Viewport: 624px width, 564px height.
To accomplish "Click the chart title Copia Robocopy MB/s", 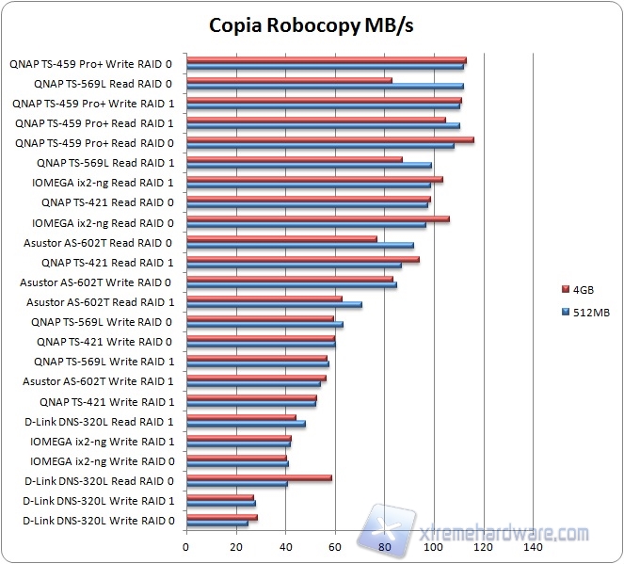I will coord(311,24).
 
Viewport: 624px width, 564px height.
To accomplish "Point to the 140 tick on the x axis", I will coord(534,546).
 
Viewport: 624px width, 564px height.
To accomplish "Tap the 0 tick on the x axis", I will coord(186,546).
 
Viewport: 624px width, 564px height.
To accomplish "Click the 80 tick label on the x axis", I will coord(385,546).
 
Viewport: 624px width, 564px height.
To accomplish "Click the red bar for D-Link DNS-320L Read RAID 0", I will coord(259,477).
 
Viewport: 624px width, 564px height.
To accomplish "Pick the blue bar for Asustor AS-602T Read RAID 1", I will coord(274,304).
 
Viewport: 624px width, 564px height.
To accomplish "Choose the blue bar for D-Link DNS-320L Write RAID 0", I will coord(217,523).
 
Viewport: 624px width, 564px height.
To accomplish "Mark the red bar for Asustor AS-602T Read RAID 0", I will coord(281,239).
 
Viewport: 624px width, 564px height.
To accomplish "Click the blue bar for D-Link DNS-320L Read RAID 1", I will coord(246,424).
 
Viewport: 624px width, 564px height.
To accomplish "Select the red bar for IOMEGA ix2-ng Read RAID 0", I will coord(317,219).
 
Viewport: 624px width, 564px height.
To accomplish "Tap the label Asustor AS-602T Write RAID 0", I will coord(97,282).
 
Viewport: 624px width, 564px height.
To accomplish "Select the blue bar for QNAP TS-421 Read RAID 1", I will coord(294,265).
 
